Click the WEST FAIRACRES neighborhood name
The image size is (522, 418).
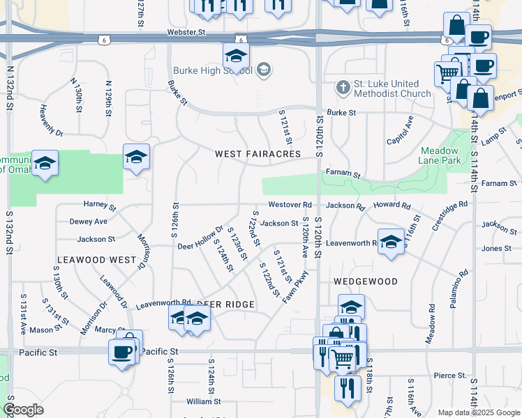click(258, 154)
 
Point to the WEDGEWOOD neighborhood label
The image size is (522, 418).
click(365, 281)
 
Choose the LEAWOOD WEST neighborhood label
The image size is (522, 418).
click(96, 260)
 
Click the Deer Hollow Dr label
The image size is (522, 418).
click(200, 237)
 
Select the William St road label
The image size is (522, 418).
click(203, 401)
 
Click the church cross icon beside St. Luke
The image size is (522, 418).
click(342, 88)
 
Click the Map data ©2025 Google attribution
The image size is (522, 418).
click(479, 412)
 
